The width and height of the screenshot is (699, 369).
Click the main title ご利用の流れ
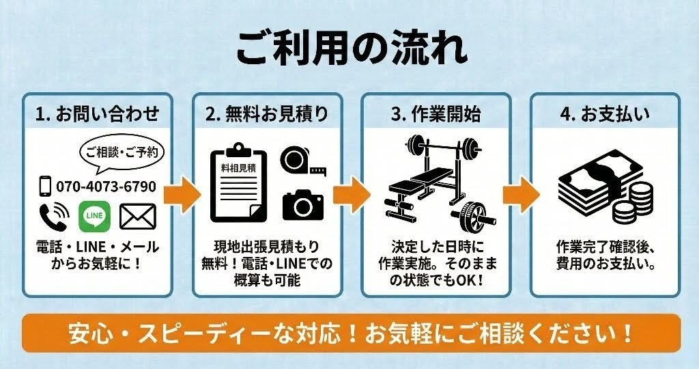pyautogui.click(x=352, y=48)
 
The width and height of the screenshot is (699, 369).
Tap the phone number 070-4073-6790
pyautogui.click(x=106, y=187)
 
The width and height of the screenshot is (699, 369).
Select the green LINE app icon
pyautogui.click(x=94, y=217)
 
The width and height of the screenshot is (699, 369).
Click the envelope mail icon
pyautogui.click(x=138, y=217)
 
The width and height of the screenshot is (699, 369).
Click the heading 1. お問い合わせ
pyautogui.click(x=97, y=114)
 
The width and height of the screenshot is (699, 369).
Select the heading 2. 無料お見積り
pyautogui.click(x=267, y=114)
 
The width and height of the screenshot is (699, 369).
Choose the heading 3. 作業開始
pyautogui.click(x=436, y=114)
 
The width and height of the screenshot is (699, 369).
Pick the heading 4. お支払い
pyautogui.click(x=605, y=114)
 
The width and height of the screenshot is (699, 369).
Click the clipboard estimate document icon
pyautogui.click(x=240, y=182)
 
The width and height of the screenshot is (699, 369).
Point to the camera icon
pyautogui.click(x=303, y=205)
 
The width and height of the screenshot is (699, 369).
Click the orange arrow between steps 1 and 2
pyautogui.click(x=182, y=195)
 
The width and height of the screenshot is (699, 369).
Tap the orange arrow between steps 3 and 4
pyautogui.click(x=521, y=195)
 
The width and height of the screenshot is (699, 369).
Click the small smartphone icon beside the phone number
pyautogui.click(x=45, y=187)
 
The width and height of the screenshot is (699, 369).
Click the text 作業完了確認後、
pyautogui.click(x=605, y=247)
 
